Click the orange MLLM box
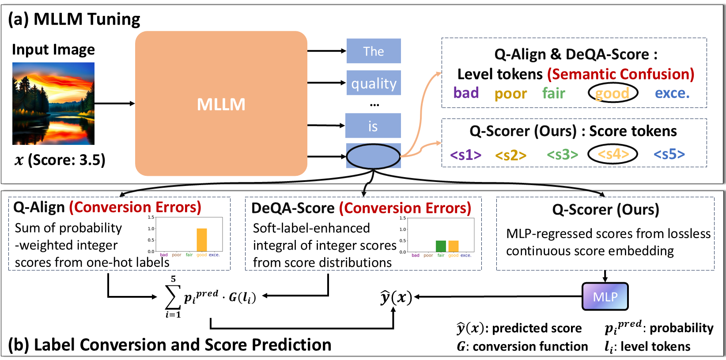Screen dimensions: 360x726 click(221, 103)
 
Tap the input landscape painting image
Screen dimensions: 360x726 click(53, 103)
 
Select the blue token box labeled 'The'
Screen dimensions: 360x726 click(374, 51)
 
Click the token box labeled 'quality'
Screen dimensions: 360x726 click(374, 83)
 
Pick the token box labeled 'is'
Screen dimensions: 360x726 click(373, 126)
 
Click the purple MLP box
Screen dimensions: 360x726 click(605, 296)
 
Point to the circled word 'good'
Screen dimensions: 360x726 click(613, 93)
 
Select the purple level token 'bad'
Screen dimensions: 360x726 click(466, 93)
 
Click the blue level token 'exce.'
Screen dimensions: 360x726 click(672, 93)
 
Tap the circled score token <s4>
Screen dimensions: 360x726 click(613, 154)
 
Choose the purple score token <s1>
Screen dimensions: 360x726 click(465, 155)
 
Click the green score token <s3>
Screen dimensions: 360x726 click(562, 155)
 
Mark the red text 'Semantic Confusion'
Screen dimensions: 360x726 click(620, 74)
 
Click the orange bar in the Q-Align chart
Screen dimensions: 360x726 click(201, 240)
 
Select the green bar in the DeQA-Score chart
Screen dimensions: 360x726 click(440, 246)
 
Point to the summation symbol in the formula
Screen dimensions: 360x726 click(172, 297)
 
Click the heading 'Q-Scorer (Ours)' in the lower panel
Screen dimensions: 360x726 click(605, 209)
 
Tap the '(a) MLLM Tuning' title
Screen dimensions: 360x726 click(74, 19)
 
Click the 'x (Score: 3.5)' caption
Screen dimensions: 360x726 click(60, 159)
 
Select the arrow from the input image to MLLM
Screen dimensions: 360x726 click(114, 103)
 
